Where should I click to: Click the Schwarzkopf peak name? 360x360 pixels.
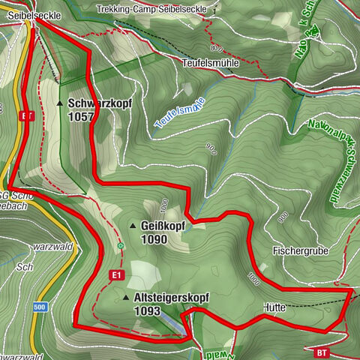click(x=95, y=103)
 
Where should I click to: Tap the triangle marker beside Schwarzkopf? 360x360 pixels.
click(x=60, y=103)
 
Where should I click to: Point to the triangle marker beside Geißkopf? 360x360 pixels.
click(x=133, y=226)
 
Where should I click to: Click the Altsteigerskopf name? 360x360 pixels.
click(x=171, y=298)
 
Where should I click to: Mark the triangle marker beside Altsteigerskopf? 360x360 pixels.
click(x=126, y=298)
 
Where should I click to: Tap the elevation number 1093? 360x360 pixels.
click(x=148, y=310)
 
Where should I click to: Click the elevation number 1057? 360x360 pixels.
click(x=80, y=117)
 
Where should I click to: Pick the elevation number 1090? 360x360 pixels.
click(x=153, y=240)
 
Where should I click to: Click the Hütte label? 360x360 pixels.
click(x=275, y=307)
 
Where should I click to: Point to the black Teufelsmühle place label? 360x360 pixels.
click(x=211, y=63)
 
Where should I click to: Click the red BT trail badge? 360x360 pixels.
click(x=322, y=352)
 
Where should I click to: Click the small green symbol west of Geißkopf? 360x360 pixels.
click(x=120, y=245)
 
